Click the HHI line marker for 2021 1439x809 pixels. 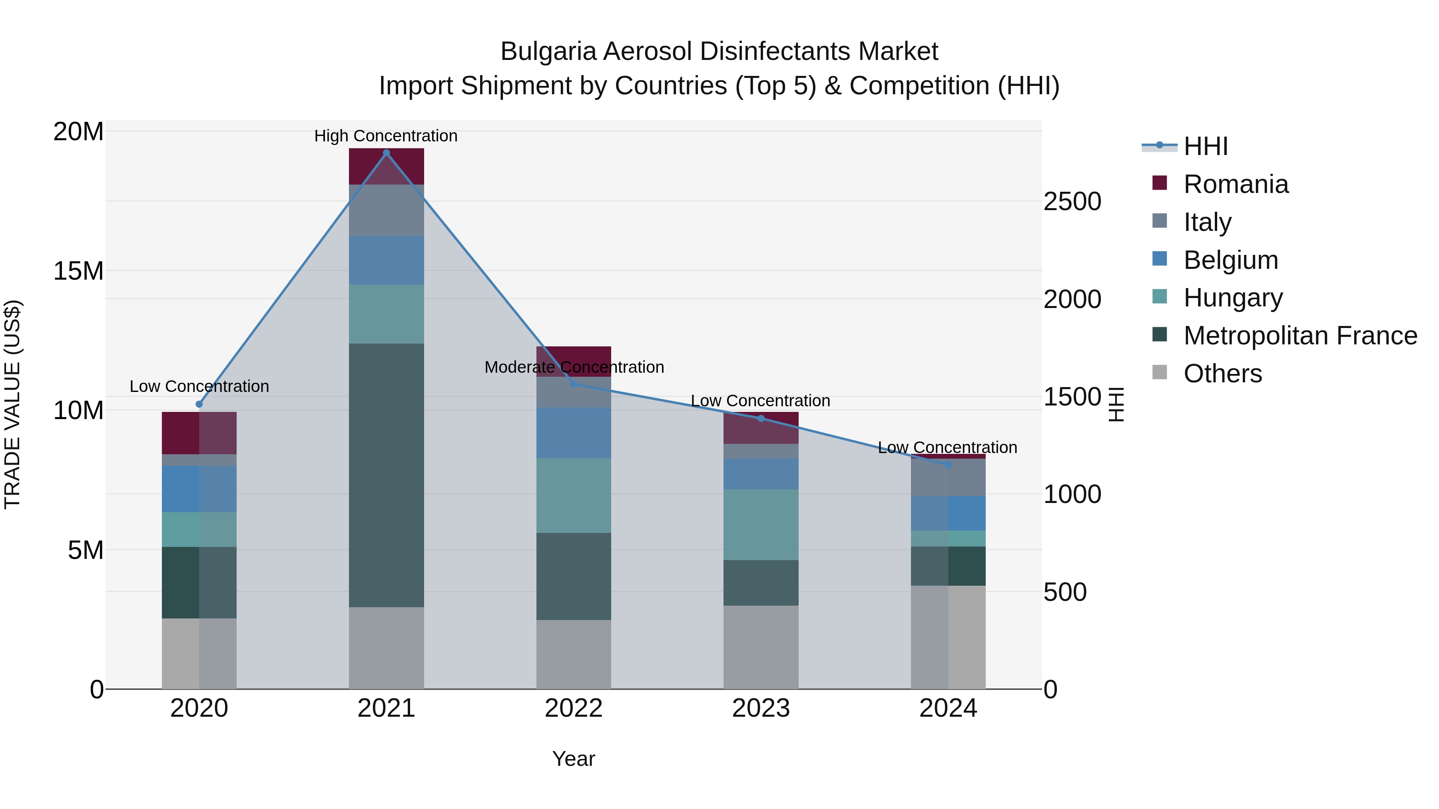386,153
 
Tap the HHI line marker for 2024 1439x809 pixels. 948,465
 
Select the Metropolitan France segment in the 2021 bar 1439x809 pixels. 386,475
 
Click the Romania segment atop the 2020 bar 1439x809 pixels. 199,433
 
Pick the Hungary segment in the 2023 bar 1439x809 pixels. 760,525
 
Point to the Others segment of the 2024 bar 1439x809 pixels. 948,637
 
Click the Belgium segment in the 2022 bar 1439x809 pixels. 573,433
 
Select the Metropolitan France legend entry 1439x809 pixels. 1299,336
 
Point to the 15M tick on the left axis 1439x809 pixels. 78,271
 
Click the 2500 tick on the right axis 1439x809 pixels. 1072,202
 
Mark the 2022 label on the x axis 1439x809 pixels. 573,709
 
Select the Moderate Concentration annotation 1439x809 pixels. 574,368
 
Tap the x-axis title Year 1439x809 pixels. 573,759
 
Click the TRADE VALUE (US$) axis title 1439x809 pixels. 12,404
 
